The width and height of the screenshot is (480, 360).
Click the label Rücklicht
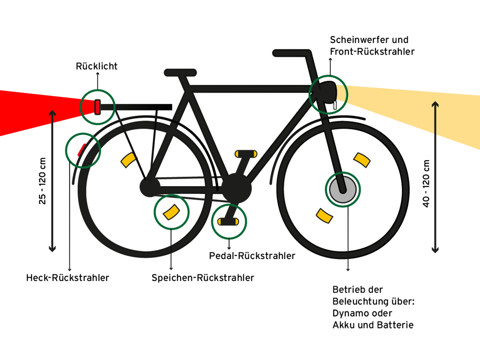pyautogui.click(x=97, y=66)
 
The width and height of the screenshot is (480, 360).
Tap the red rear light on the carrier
pyautogui.click(x=97, y=107)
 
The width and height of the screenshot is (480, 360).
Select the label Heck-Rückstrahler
pyautogui.click(x=67, y=278)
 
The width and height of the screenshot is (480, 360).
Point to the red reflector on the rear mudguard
pyautogui.click(x=81, y=149)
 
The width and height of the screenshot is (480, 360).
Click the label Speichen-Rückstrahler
pyautogui.click(x=202, y=278)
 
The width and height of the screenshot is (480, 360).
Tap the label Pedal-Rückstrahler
pyautogui.click(x=252, y=255)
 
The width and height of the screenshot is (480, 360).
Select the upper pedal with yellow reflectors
pyautogui.click(x=246, y=153)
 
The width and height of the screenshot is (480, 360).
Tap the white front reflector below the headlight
pyautogui.click(x=334, y=105)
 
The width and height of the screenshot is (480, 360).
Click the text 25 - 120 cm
pyautogui.click(x=42, y=181)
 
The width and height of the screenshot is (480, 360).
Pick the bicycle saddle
pyautogui.click(x=180, y=72)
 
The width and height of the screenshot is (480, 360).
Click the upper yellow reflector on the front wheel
pyautogui.click(x=361, y=159)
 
